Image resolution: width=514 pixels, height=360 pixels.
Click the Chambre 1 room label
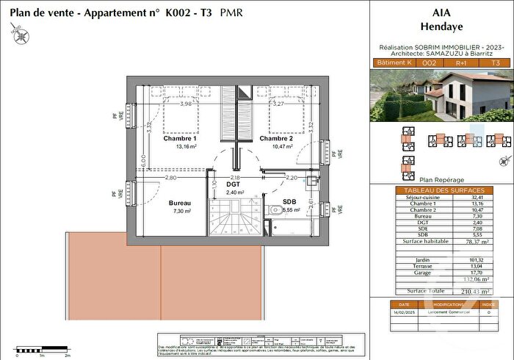pos(180,138)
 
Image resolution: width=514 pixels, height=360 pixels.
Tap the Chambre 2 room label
pos(275,138)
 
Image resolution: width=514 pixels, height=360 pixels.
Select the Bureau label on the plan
pos(180,203)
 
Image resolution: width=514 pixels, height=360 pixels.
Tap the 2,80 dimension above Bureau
pos(170,178)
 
